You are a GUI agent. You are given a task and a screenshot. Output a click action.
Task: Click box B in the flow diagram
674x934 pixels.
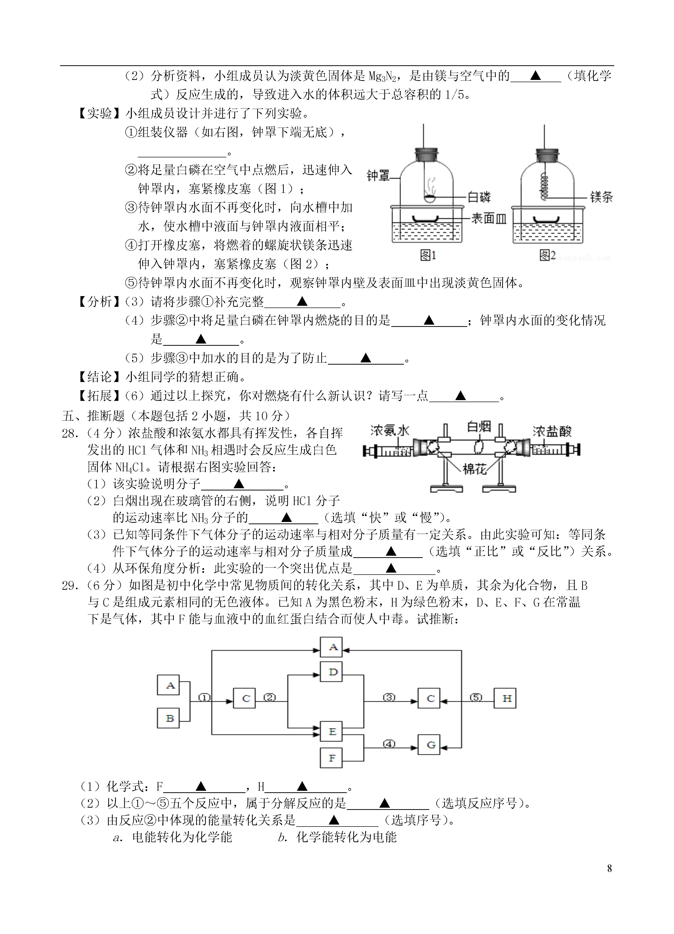(x=169, y=718)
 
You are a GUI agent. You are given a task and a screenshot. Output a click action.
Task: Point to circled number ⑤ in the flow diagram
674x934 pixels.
(x=476, y=697)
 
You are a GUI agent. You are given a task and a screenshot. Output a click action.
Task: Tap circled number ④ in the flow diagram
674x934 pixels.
(x=389, y=744)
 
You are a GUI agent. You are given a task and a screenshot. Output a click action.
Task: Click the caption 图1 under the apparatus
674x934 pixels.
(x=428, y=255)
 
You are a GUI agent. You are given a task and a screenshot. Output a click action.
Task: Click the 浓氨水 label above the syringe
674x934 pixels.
(x=390, y=430)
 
